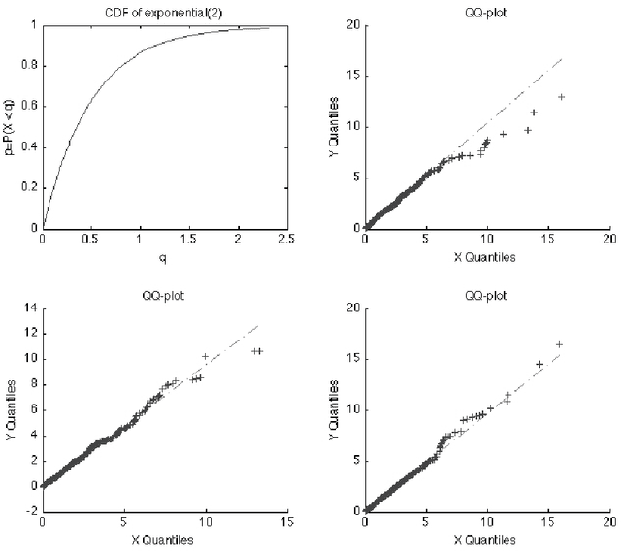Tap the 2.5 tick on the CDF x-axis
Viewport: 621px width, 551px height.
[x=286, y=240]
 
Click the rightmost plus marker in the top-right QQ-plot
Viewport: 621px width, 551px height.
[x=561, y=96]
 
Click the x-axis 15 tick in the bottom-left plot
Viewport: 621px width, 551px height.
[x=286, y=521]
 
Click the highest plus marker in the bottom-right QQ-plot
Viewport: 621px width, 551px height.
[x=559, y=344]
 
